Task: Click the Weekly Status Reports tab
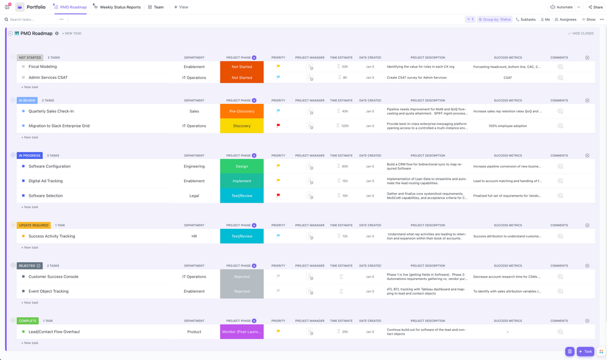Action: (x=120, y=7)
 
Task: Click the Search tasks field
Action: (x=30, y=19)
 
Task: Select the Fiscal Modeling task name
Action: (x=42, y=67)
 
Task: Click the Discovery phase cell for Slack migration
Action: (x=242, y=126)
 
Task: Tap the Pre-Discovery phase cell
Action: (x=242, y=111)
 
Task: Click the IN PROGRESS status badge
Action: (x=30, y=155)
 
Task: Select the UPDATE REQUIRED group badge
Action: (x=33, y=225)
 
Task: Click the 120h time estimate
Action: (x=345, y=126)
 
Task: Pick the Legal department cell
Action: (x=194, y=195)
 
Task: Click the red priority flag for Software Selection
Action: (x=278, y=195)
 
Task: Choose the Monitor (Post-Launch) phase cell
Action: (x=242, y=331)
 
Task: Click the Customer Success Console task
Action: (x=53, y=277)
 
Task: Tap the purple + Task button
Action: (x=586, y=352)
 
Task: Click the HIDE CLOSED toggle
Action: (x=581, y=33)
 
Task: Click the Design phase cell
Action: (x=242, y=166)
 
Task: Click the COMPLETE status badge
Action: (x=28, y=321)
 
